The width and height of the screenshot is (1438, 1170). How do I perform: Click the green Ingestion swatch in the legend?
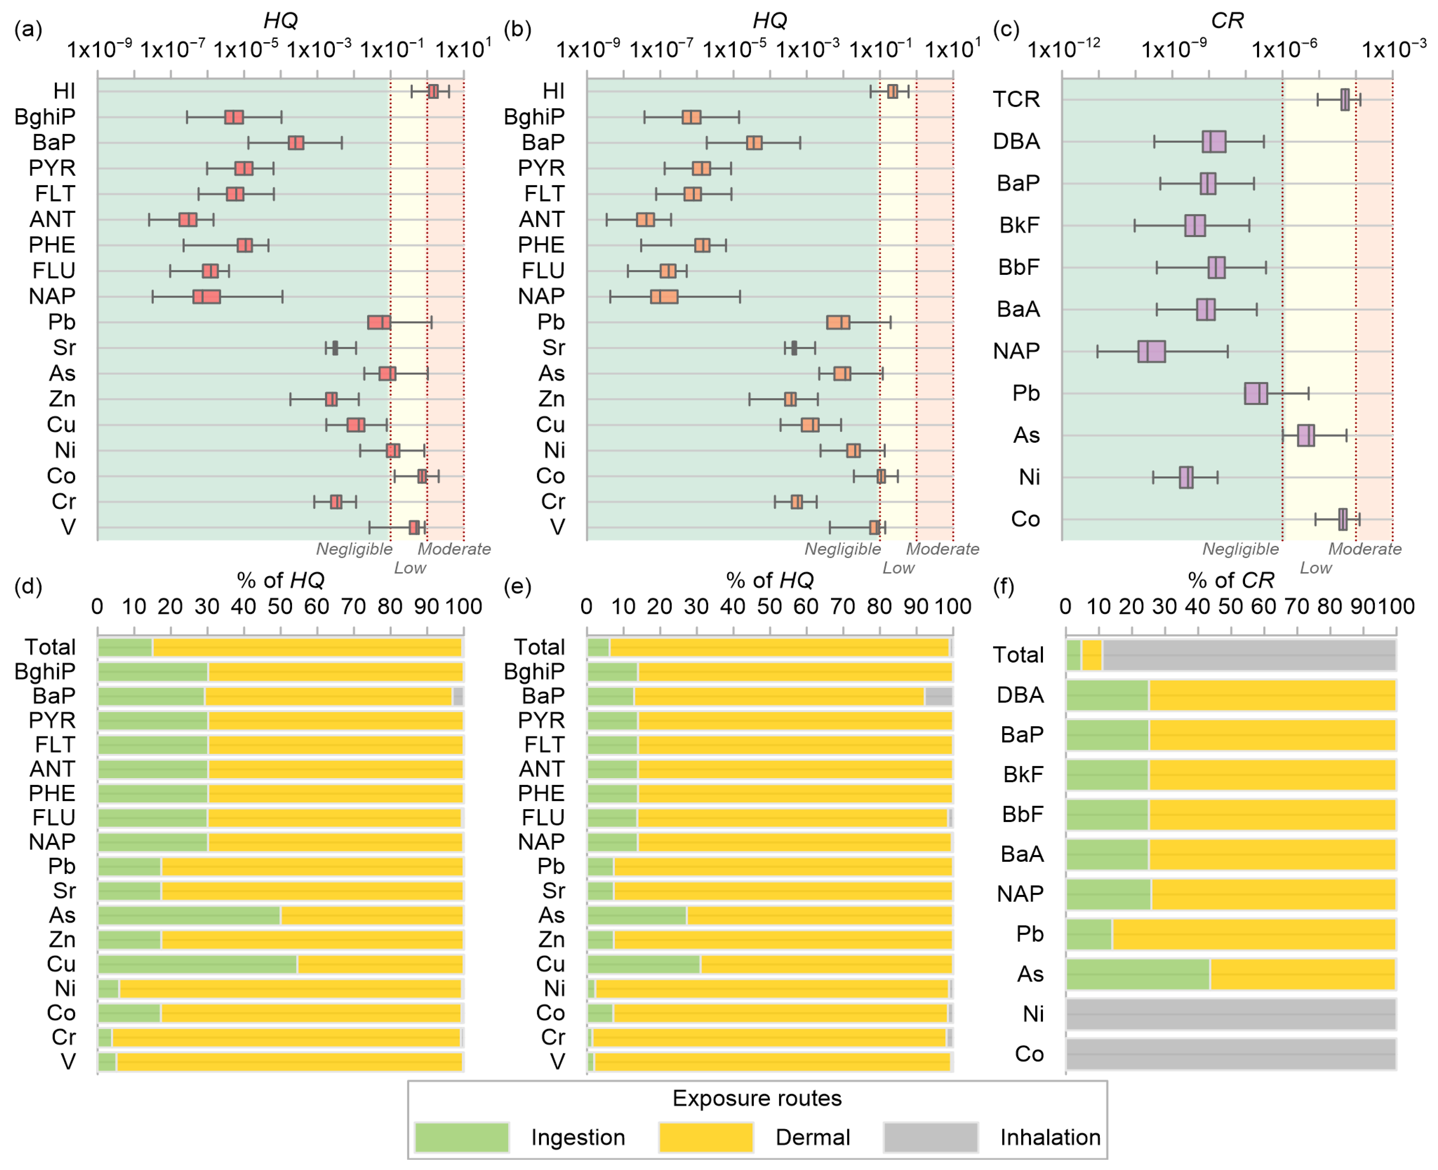[462, 1138]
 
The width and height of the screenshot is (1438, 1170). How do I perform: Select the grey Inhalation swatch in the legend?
[930, 1138]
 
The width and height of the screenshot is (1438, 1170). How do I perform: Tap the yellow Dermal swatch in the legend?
[705, 1138]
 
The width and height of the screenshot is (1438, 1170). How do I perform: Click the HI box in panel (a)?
[433, 91]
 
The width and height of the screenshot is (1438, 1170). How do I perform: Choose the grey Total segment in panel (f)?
[1248, 655]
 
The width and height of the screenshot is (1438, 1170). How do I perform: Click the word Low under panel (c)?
[1315, 568]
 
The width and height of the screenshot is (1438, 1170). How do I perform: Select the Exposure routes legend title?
[756, 1099]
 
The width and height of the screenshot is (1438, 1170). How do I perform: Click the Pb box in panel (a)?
[379, 322]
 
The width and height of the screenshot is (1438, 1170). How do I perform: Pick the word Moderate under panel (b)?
[942, 549]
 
